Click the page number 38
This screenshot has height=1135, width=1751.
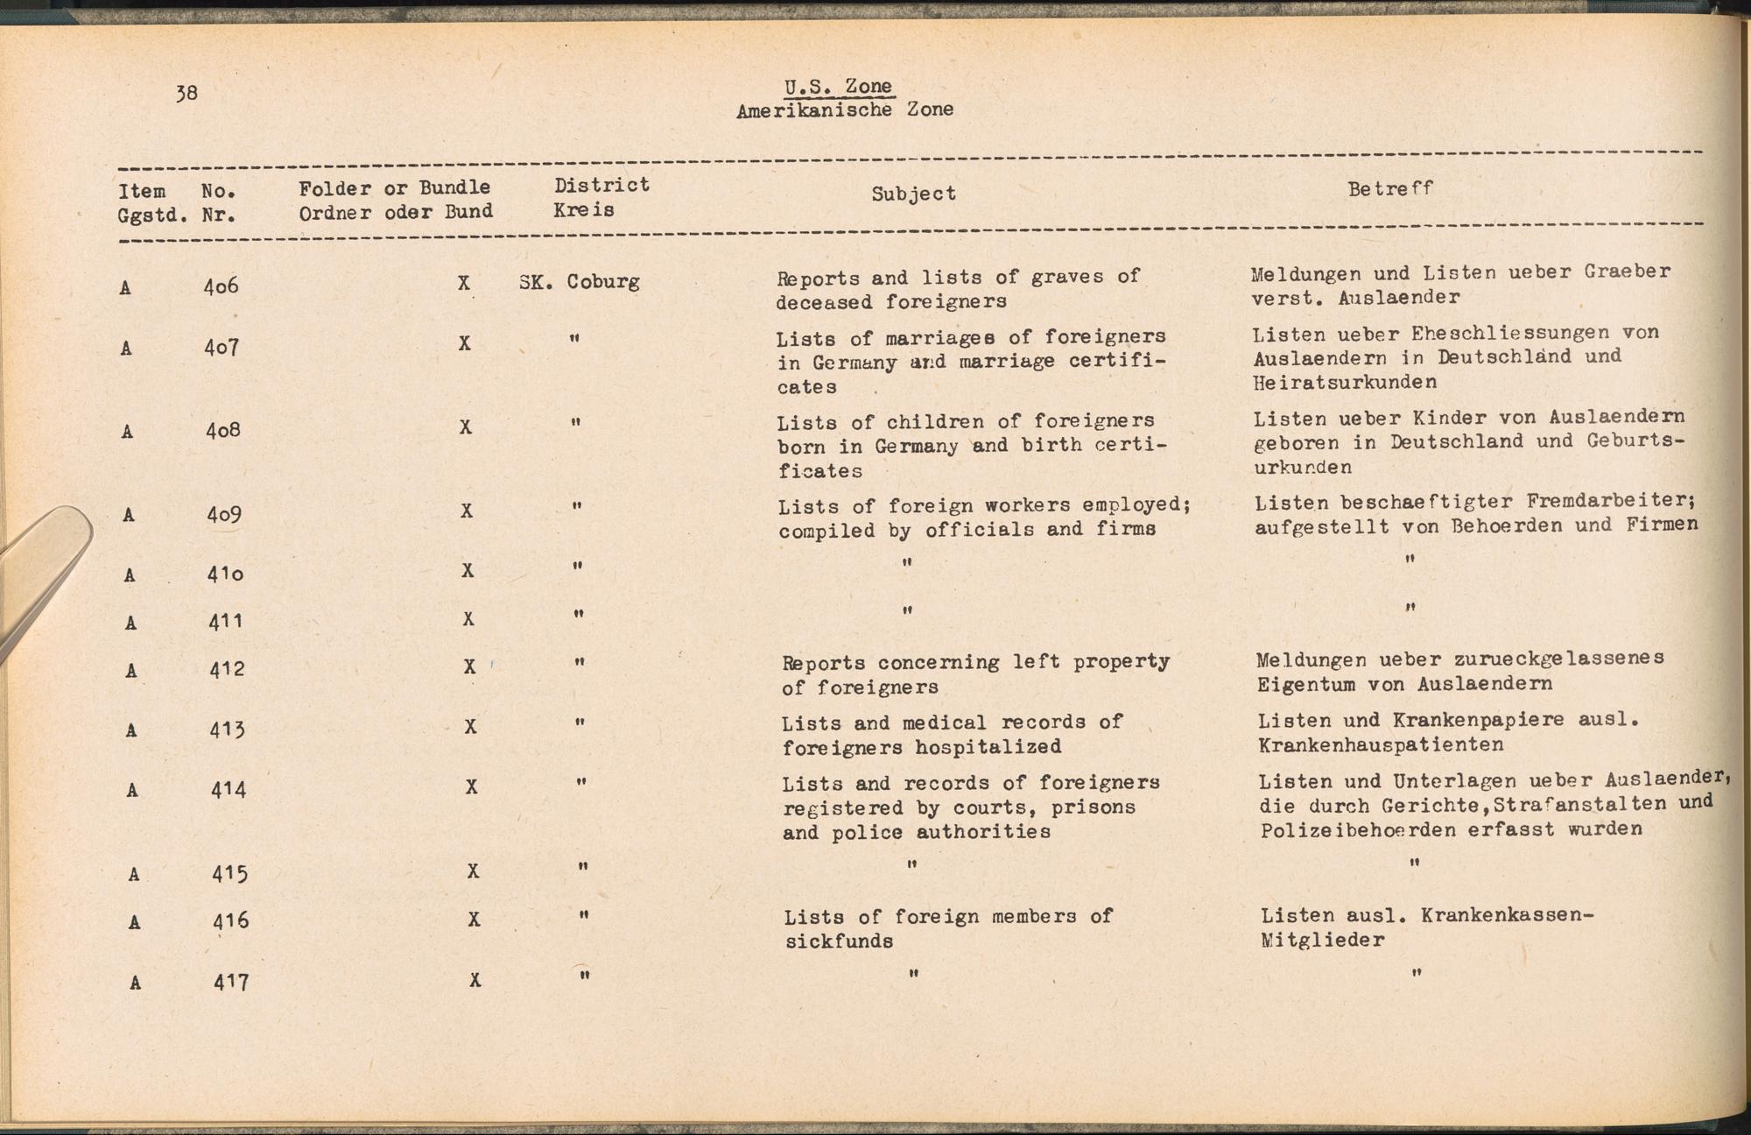click(186, 93)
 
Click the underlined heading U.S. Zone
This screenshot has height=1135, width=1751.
click(838, 86)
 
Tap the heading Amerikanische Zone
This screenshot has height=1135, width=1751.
click(844, 110)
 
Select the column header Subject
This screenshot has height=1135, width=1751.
click(913, 194)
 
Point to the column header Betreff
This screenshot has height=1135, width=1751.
click(1389, 188)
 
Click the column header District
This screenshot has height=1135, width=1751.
click(601, 185)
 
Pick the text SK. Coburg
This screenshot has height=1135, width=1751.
click(580, 282)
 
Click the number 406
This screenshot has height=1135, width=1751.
click(221, 286)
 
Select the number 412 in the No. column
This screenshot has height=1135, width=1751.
click(226, 669)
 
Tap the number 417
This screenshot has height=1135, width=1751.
click(231, 983)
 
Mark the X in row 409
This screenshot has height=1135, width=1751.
click(467, 511)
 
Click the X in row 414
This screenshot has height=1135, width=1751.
click(471, 787)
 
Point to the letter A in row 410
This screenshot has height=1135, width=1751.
click(130, 575)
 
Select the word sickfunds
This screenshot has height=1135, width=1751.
click(839, 942)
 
